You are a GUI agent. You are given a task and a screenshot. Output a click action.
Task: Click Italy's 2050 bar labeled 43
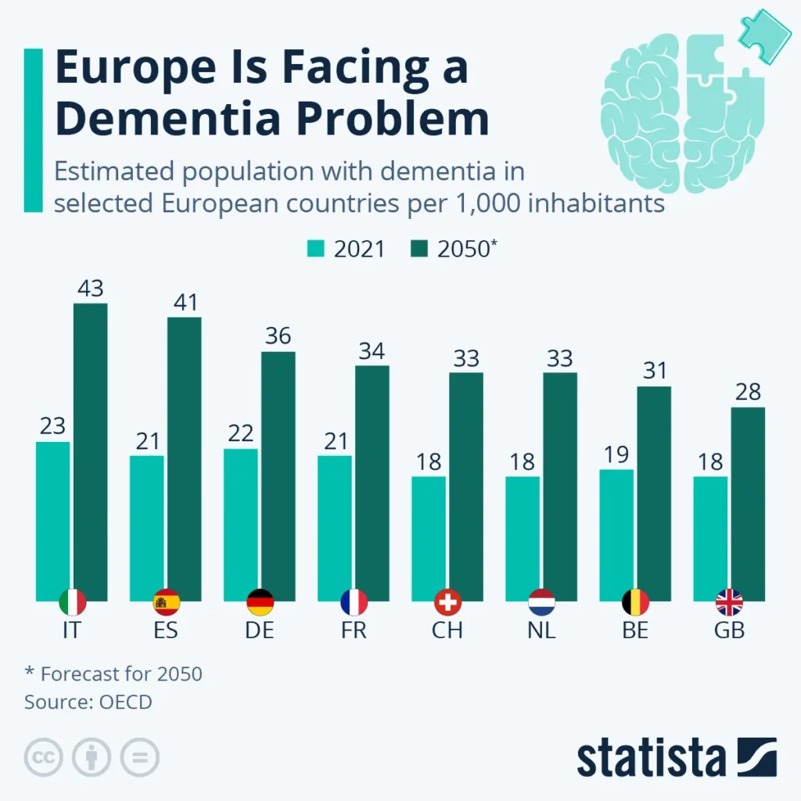pos(91,450)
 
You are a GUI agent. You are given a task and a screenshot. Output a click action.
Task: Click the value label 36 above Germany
pos(278,336)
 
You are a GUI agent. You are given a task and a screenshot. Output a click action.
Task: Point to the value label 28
pos(748,391)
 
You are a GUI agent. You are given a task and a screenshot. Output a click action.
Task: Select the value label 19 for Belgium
pos(616,454)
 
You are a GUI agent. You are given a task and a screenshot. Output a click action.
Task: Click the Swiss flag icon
pos(447,602)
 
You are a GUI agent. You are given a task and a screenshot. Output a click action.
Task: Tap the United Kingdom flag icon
pos(729,602)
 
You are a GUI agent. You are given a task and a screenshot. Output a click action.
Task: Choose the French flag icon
pos(354,602)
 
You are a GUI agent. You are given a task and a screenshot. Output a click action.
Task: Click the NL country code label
pos(541,630)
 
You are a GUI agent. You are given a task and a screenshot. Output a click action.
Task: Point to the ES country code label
pos(166,630)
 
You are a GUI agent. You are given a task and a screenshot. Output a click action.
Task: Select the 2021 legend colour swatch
pos(315,249)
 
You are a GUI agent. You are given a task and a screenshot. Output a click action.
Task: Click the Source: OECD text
pos(88,702)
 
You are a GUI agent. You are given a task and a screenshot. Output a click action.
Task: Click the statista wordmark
pos(652,757)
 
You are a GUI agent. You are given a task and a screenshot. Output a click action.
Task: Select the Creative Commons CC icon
pos(44,757)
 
